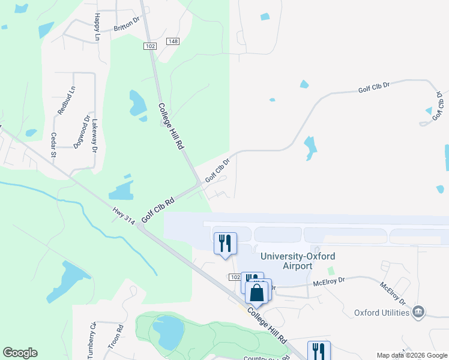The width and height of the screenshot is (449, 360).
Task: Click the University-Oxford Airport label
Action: (298, 261)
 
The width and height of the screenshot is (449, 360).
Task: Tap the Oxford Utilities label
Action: (382, 312)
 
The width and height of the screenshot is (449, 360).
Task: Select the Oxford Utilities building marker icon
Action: (420, 311)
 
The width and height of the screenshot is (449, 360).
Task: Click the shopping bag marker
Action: (257, 293)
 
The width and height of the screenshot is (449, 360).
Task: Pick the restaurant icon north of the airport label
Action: (226, 243)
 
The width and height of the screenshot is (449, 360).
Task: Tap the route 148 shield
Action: (173, 41)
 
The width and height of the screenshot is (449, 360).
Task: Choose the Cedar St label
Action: (53, 145)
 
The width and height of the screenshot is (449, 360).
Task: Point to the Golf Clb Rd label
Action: (157, 208)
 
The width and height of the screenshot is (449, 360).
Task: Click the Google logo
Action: (20, 353)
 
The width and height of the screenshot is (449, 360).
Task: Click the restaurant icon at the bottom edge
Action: (319, 352)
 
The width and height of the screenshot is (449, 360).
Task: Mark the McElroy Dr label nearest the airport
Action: (329, 280)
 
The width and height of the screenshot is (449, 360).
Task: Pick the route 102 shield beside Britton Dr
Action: (151, 46)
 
